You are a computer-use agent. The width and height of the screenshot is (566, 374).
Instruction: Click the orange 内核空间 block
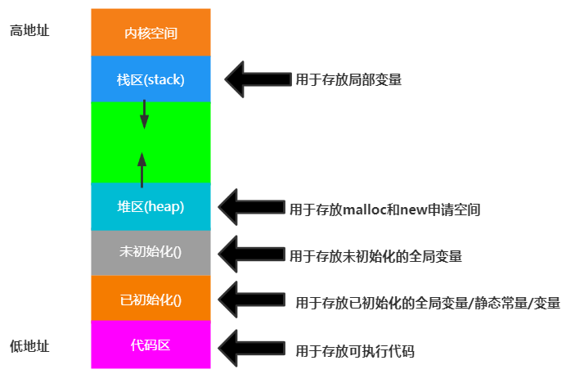(150, 34)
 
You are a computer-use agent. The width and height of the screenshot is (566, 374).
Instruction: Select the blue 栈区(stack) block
(150, 80)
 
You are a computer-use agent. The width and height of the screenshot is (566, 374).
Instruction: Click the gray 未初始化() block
(150, 252)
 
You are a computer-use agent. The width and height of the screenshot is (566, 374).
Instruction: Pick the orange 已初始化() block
(150, 299)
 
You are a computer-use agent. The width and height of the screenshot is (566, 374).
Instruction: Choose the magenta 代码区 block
(150, 345)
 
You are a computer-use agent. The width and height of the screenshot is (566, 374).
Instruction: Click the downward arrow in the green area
(144, 114)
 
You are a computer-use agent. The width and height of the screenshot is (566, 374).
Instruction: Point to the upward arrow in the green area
(142, 169)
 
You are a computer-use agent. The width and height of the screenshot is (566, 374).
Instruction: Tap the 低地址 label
(29, 346)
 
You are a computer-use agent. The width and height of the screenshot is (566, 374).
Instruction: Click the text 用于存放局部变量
(348, 80)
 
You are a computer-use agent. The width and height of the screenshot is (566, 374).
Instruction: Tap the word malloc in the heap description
(363, 210)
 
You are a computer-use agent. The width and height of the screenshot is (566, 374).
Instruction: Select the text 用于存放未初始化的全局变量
(375, 256)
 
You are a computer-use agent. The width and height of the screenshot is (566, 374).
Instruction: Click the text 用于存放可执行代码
(355, 350)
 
